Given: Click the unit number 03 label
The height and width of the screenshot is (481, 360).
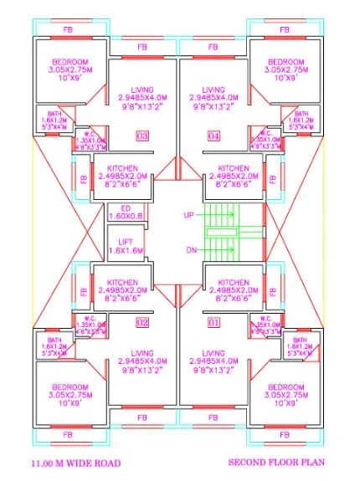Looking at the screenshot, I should [142, 136].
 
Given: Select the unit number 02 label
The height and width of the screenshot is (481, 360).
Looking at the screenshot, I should [142, 322].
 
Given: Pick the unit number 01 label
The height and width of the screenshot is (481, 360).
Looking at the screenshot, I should [213, 322].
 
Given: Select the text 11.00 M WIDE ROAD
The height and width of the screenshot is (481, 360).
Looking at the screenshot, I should [75, 463].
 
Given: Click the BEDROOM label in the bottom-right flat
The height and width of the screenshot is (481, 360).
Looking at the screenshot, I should [287, 387].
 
